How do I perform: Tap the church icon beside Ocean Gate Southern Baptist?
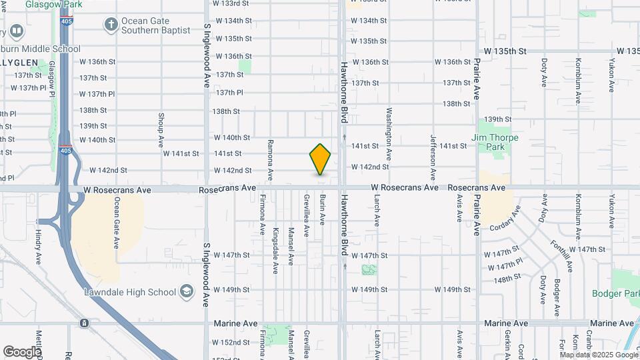[x=111, y=25]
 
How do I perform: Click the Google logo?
[x=22, y=351]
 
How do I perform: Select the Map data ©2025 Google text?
[x=598, y=355]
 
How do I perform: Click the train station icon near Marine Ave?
[x=84, y=323]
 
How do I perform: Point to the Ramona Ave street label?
[x=270, y=160]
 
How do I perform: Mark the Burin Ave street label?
[x=321, y=209]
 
